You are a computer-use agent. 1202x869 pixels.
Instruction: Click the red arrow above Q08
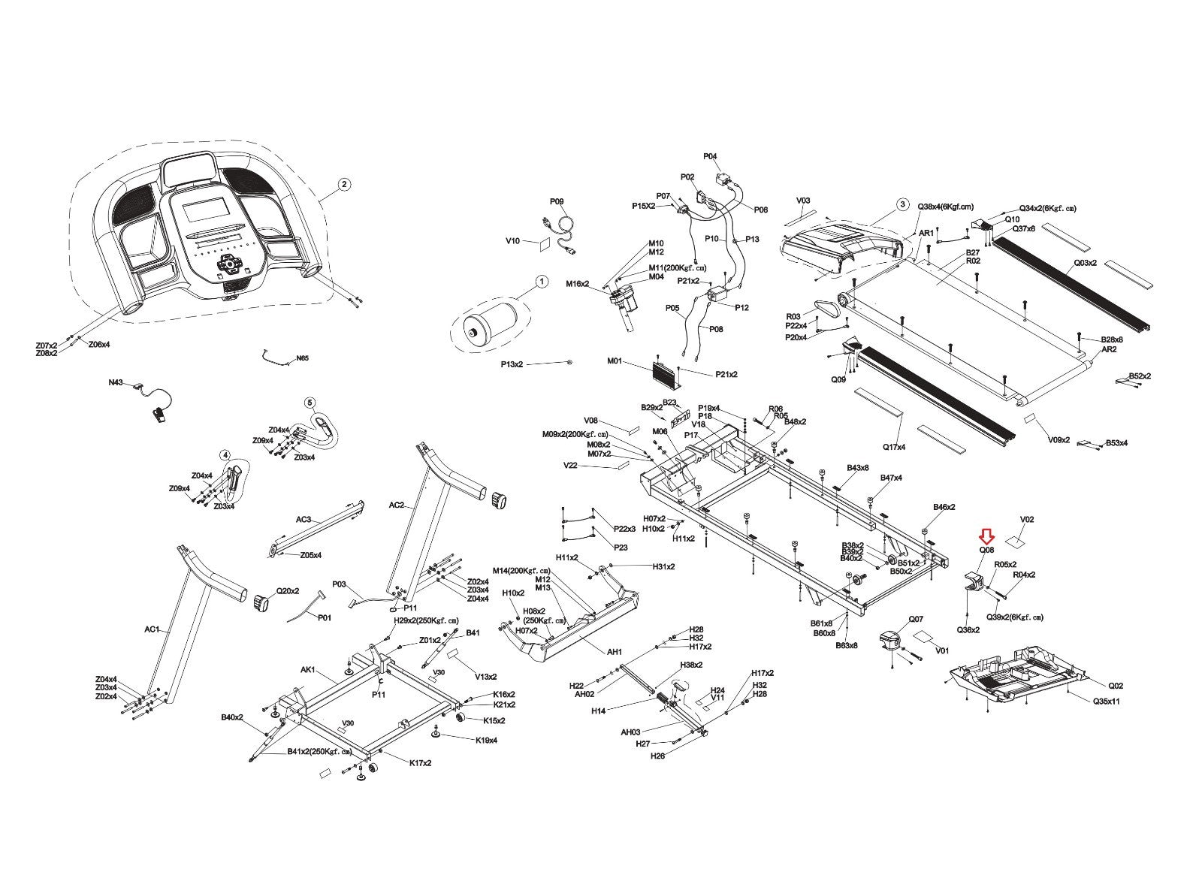tap(986, 536)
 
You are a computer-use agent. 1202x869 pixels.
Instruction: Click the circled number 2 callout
tap(343, 184)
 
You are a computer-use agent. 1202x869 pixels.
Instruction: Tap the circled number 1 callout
tap(542, 282)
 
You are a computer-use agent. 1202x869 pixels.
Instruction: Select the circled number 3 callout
tap(902, 204)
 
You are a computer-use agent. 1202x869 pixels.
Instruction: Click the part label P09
tap(556, 201)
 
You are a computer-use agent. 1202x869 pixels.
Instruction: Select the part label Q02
tap(1116, 686)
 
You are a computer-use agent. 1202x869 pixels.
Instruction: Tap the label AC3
tap(303, 519)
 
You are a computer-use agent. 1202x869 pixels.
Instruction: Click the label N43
tap(115, 382)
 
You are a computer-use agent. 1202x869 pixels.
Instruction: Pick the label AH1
tap(615, 652)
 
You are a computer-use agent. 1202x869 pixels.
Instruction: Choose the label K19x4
tap(487, 740)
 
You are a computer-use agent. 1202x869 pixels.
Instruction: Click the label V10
tap(512, 241)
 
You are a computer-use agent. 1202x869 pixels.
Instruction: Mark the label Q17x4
tap(894, 447)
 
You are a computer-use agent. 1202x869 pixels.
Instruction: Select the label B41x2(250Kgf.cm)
tap(319, 752)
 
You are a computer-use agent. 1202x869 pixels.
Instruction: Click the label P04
tap(710, 156)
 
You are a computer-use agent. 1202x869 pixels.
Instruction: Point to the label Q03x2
tap(1085, 263)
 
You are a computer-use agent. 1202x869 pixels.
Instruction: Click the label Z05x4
tap(310, 555)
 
